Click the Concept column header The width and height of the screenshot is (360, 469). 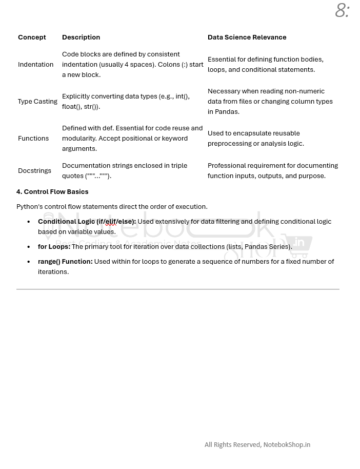pyautogui.click(x=32, y=37)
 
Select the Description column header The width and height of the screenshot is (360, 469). pyautogui.click(x=81, y=37)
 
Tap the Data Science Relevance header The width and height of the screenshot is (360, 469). pyautogui.click(x=247, y=37)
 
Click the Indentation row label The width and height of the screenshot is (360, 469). pyautogui.click(x=35, y=65)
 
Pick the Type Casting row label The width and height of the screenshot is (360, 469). pyautogui.click(x=37, y=102)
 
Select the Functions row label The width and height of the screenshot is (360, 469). pyautogui.click(x=33, y=139)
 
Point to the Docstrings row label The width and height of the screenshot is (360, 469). pyautogui.click(x=34, y=171)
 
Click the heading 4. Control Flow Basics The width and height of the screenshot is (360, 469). pyautogui.click(x=52, y=192)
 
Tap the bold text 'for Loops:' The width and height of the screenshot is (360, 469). pyautogui.click(x=54, y=247)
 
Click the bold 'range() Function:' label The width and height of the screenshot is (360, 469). pyautogui.click(x=65, y=262)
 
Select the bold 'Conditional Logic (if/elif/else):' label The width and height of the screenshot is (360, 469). pyautogui.click(x=87, y=222)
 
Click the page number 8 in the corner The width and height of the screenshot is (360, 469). pyautogui.click(x=342, y=10)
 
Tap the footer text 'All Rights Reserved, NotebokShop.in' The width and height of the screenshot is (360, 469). pyautogui.click(x=257, y=445)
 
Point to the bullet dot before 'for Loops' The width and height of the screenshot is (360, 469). pyautogui.click(x=29, y=247)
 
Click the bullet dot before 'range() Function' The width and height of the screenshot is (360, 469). pyautogui.click(x=29, y=262)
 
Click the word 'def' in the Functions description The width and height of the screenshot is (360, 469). pyautogui.click(x=108, y=128)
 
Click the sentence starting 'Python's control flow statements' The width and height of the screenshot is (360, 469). pyautogui.click(x=112, y=207)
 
